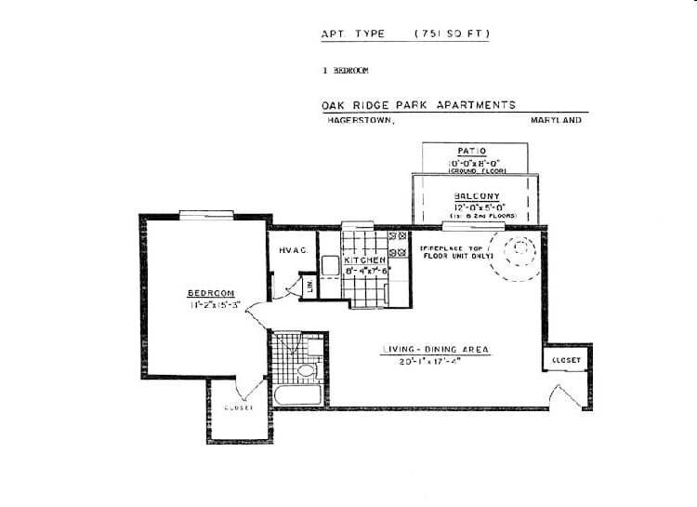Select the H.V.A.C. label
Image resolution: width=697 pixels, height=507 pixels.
294,250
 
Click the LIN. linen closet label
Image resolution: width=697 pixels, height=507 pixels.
310,287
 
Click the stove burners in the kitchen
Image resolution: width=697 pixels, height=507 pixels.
397,244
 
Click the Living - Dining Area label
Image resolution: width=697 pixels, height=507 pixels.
435,350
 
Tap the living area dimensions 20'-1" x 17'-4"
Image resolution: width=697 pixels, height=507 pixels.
435,362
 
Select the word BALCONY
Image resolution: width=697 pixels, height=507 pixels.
477,195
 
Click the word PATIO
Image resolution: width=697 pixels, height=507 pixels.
477,151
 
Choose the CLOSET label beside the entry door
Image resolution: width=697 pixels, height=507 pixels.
566,359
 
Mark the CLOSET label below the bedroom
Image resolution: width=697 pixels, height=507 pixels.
238,407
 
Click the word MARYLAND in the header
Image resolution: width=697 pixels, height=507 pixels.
556,120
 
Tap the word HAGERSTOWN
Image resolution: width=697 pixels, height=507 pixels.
360,120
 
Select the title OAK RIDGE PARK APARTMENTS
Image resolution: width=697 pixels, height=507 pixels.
418,105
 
